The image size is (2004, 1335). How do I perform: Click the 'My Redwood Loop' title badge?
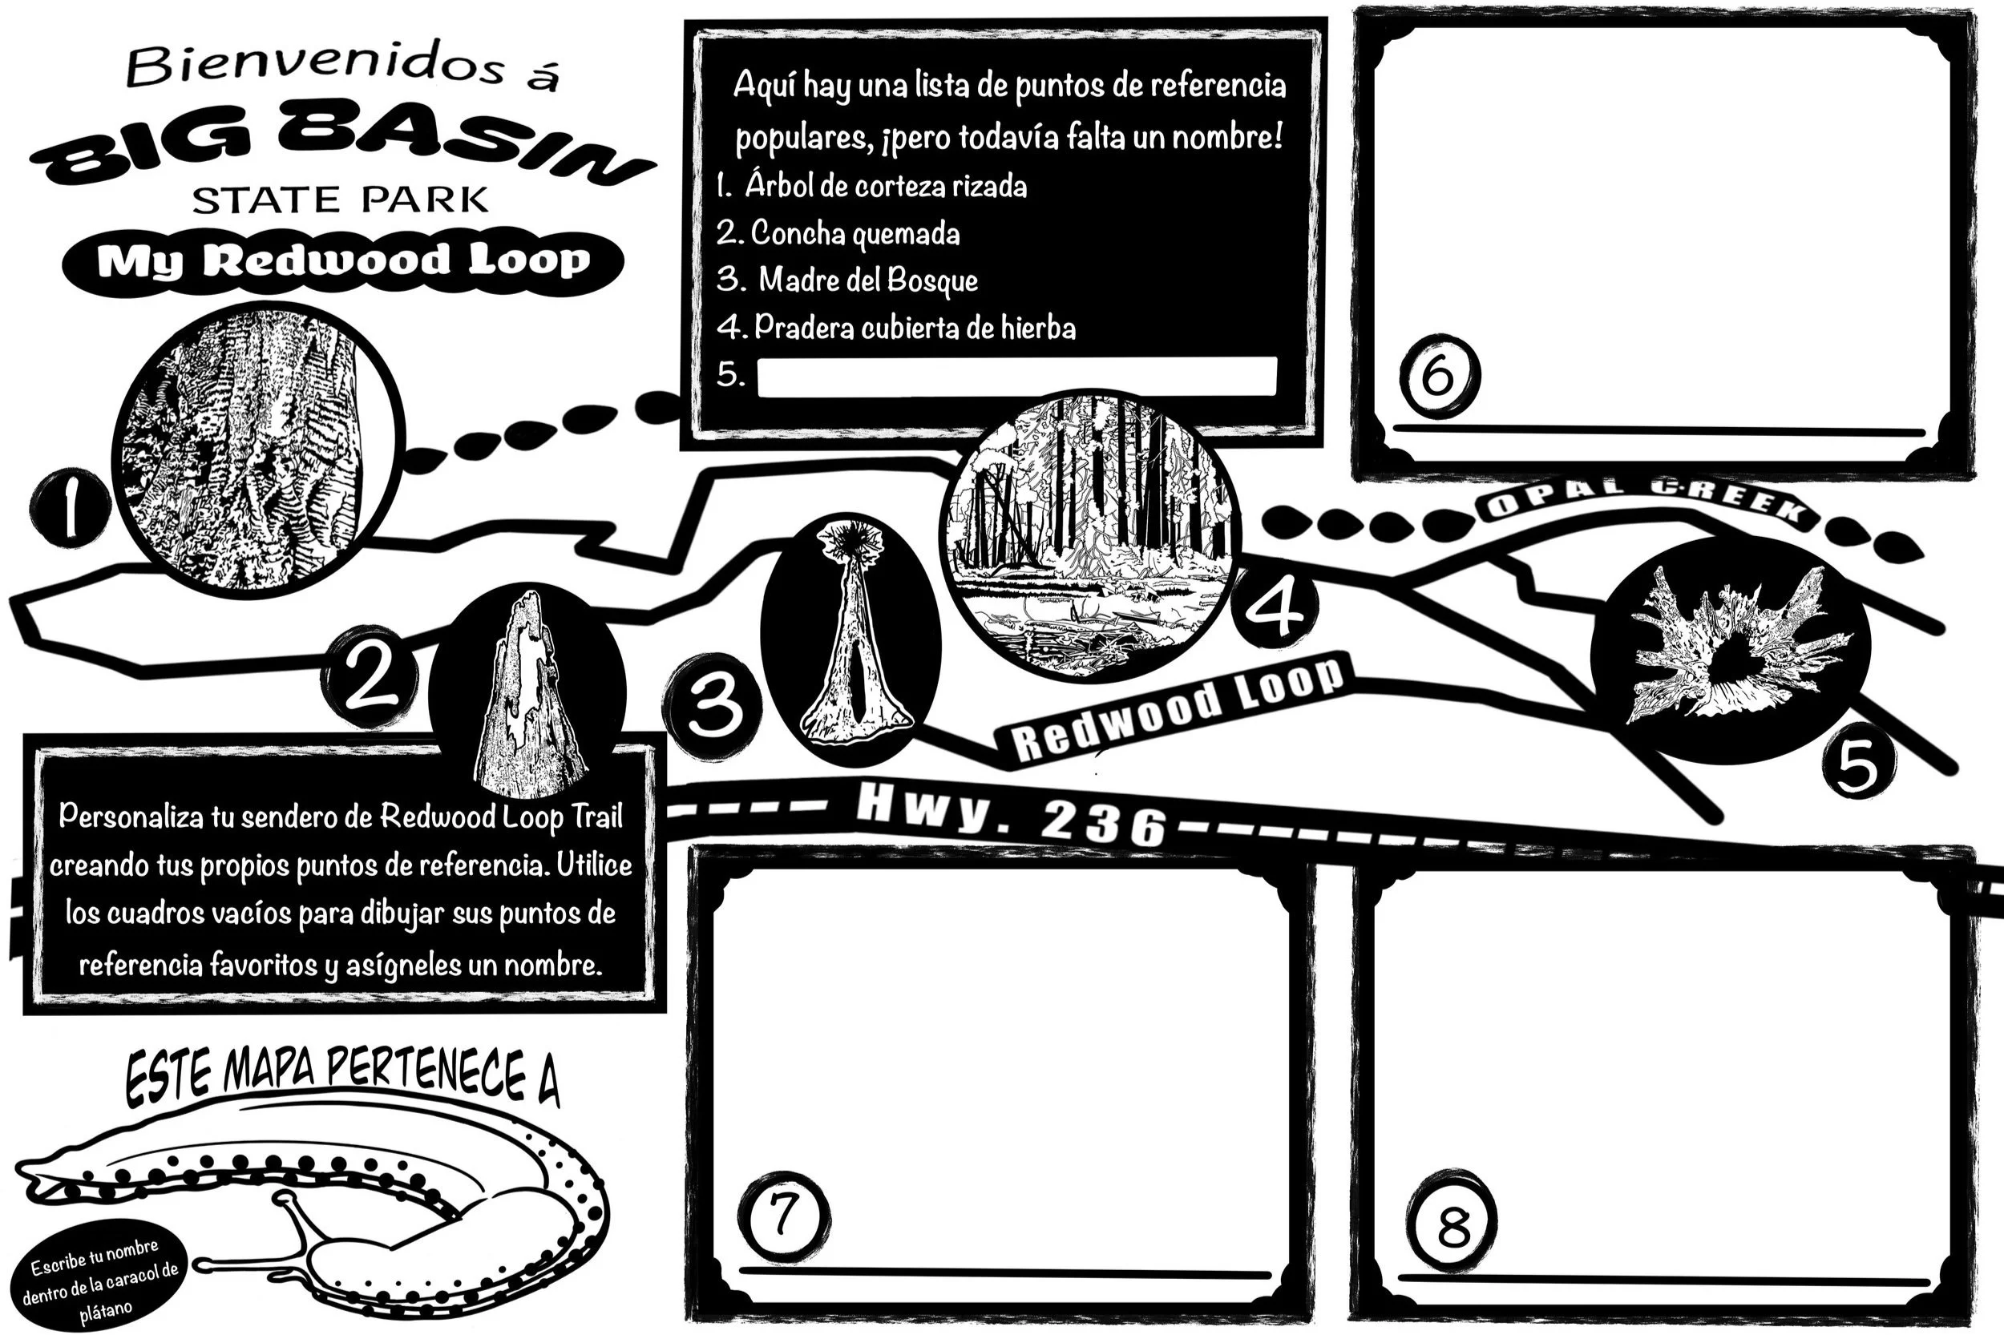(342, 261)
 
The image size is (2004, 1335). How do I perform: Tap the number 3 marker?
(713, 706)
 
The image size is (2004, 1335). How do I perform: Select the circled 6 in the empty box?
(1439, 376)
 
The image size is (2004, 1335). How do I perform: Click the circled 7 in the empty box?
(782, 1217)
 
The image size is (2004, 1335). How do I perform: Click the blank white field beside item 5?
(1016, 377)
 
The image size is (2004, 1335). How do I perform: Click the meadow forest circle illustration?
(1090, 536)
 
